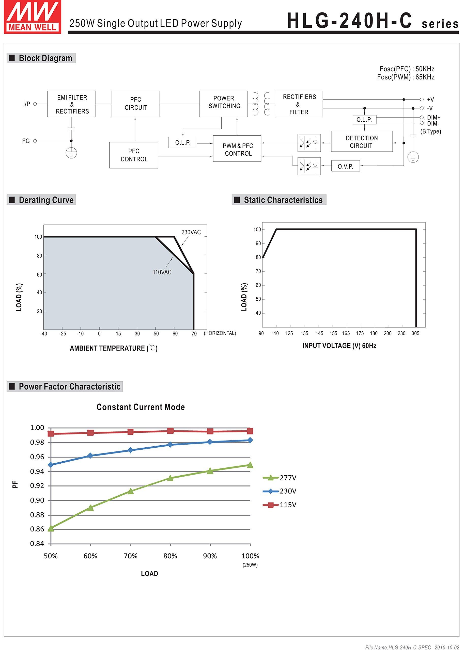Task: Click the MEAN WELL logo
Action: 32,17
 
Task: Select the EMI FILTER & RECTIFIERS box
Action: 71,104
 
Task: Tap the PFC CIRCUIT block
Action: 135,104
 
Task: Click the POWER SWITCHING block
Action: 224,104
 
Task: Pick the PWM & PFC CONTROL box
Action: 237,149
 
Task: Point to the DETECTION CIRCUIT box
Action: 362,142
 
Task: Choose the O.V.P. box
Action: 345,166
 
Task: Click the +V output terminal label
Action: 430,100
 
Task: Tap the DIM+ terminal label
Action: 434,117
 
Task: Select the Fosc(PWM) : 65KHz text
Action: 406,77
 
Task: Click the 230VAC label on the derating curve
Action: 191,232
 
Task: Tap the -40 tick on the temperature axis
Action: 44,334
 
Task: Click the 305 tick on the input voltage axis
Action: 415,333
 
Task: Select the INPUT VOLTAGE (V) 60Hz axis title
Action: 339,346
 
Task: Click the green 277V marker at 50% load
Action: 51,528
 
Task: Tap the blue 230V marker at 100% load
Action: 250,440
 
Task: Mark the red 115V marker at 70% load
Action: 131,432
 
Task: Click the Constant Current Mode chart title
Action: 141,407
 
